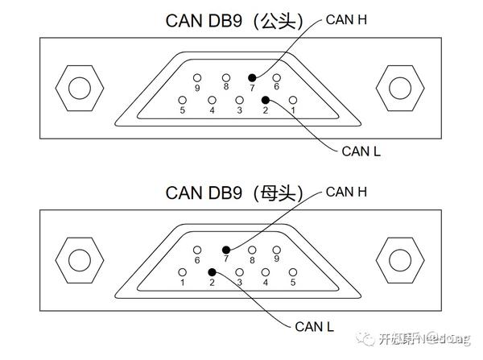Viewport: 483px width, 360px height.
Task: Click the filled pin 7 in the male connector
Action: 251,77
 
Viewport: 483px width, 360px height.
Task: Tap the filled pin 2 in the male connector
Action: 266,100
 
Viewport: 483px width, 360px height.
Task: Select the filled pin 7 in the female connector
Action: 226,250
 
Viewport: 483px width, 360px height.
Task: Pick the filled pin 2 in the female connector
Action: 212,272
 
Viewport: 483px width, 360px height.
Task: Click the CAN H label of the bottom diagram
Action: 346,191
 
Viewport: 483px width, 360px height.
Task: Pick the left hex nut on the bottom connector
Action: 78,259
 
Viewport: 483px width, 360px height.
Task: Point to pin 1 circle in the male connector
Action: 293,100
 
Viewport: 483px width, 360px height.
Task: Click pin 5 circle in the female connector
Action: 293,272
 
